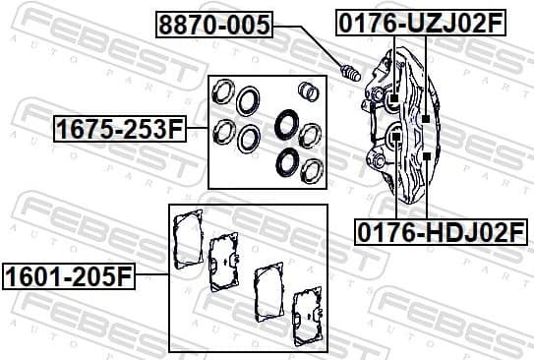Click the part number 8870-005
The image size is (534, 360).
point(212,24)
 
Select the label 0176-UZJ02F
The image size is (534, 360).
point(420,23)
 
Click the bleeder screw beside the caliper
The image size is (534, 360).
point(350,73)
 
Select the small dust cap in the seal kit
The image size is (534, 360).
point(309,91)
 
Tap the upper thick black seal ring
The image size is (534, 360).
point(287,125)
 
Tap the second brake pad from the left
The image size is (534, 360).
point(225,262)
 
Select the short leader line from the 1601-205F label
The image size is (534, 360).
point(150,275)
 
